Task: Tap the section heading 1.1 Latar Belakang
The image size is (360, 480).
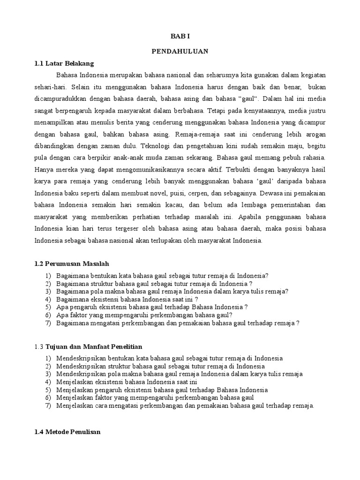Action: coord(64,63)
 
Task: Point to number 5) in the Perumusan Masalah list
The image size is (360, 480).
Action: coord(48,307)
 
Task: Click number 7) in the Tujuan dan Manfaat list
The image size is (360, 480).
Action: coord(48,406)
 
